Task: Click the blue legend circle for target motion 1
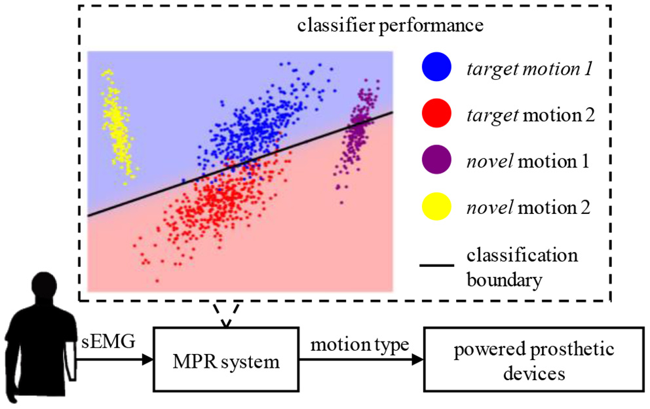[x=435, y=68]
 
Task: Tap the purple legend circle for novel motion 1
[x=435, y=160]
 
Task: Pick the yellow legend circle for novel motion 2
[x=435, y=207]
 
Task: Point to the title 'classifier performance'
[x=391, y=26]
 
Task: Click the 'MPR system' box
[x=227, y=360]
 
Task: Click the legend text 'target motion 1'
[x=528, y=68]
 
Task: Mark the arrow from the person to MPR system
[x=115, y=360]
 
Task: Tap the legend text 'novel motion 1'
[x=528, y=160]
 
